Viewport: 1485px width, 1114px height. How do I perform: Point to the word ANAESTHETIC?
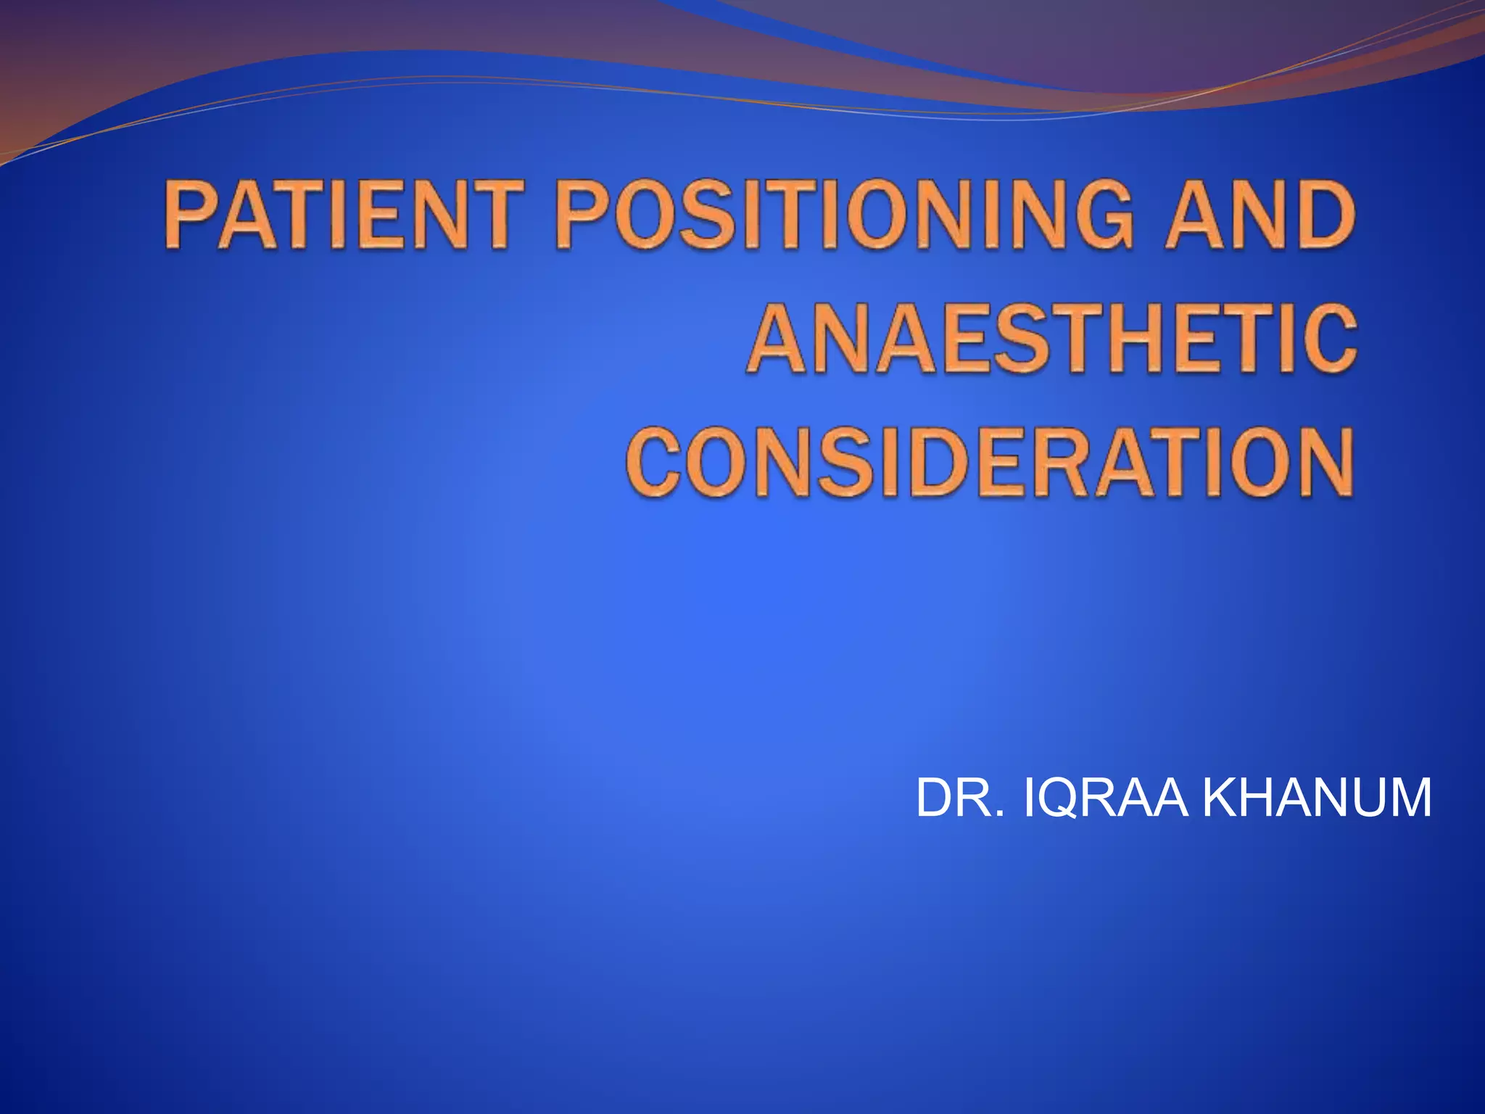pos(1051,338)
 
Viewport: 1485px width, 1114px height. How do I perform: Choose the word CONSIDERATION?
pos(990,462)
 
